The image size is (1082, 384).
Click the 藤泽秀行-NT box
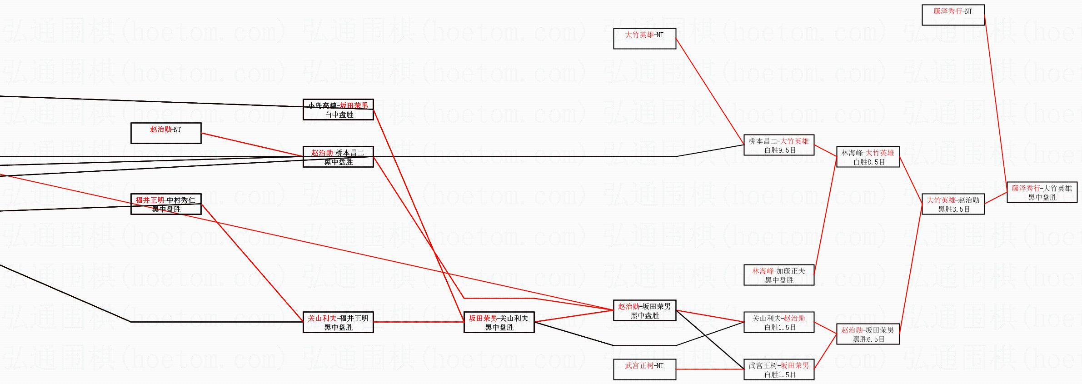[x=953, y=15]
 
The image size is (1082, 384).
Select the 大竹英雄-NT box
[x=644, y=38]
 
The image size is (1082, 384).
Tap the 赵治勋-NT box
[x=165, y=133]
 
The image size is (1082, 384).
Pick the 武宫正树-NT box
[x=644, y=369]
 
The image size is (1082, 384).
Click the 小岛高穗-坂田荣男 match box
[x=338, y=110]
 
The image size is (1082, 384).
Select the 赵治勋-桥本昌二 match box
[x=338, y=157]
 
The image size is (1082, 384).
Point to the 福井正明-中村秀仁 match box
[x=165, y=204]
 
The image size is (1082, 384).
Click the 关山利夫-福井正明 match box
[x=338, y=322]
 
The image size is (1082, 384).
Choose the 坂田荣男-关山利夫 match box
[x=499, y=322]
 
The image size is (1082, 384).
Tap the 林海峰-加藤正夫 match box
[x=778, y=275]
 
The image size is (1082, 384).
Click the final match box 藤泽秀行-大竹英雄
[x=1042, y=192]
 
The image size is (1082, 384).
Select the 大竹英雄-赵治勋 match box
[x=953, y=204]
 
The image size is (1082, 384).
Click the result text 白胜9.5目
[x=780, y=150]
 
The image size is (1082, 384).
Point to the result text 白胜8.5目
[x=869, y=162]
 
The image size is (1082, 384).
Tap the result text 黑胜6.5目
[x=868, y=339]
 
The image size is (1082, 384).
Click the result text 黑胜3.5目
[x=954, y=209]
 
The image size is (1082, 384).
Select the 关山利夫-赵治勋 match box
[x=778, y=322]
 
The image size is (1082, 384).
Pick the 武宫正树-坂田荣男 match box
[x=778, y=369]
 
